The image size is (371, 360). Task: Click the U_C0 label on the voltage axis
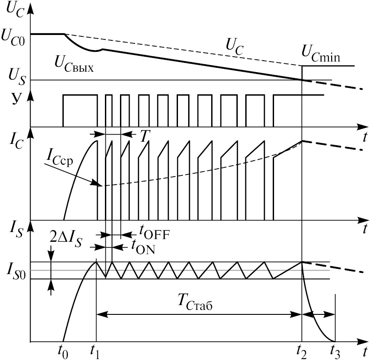tap(15, 36)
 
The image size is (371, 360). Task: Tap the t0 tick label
tap(65, 351)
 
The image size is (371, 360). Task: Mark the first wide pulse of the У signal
tap(80, 110)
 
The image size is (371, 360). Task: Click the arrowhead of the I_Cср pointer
tap(101, 185)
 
